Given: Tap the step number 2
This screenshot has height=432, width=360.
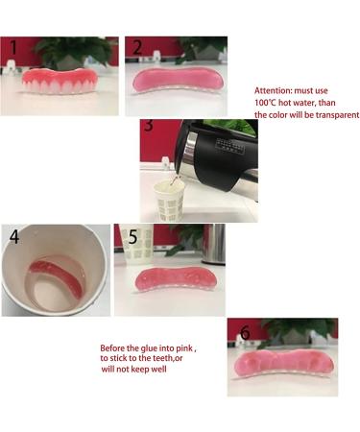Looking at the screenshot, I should coord(137,48).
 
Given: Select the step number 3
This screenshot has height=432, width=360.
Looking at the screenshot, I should coord(148,126).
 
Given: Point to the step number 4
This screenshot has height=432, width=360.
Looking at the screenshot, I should coord(14,235).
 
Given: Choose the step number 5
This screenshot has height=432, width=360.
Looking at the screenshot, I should coord(133,235).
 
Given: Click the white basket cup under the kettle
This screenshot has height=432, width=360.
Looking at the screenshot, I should coord(168,204).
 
